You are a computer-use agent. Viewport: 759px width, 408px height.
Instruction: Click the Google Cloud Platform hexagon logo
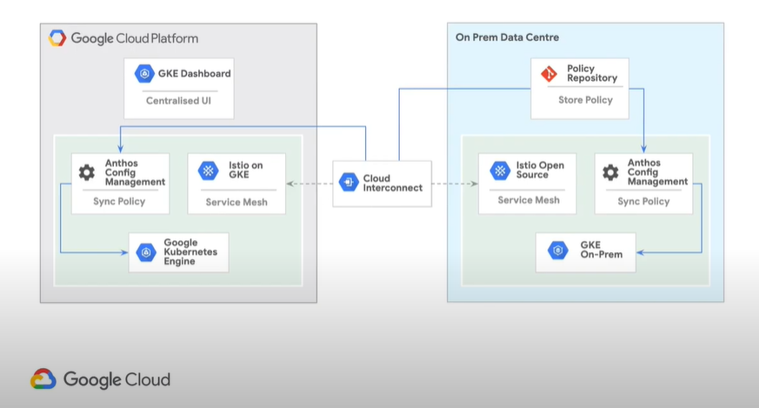(57, 37)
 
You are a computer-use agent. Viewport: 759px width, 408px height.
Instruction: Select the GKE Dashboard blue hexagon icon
(144, 74)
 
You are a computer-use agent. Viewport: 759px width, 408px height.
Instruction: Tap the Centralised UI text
(178, 101)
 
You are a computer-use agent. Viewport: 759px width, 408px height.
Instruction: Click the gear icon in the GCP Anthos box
(87, 172)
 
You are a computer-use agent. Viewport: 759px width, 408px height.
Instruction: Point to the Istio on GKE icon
(208, 171)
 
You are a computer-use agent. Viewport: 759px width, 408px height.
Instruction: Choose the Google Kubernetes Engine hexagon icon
(146, 252)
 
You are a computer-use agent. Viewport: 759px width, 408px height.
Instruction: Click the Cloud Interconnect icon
(349, 182)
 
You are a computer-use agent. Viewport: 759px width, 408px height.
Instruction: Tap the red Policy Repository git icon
(549, 74)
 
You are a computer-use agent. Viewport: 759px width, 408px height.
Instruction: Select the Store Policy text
(585, 100)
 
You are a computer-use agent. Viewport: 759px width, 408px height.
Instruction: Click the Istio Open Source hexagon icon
(500, 171)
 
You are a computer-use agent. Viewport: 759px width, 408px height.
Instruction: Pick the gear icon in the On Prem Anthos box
(610, 172)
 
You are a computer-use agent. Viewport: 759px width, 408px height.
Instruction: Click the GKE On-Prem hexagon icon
(557, 250)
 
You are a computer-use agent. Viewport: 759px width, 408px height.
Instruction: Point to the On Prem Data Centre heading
(507, 37)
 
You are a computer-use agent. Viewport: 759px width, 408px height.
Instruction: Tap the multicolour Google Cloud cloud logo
(43, 379)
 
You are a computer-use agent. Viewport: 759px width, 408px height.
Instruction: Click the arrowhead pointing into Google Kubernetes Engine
(124, 252)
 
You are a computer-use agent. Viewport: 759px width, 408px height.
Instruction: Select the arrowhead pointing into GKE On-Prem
(640, 252)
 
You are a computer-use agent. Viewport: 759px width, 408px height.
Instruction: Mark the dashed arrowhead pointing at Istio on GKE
(290, 184)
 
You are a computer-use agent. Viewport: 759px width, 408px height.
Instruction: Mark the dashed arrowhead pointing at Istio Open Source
(475, 184)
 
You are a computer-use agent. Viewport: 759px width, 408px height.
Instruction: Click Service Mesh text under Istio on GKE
(236, 202)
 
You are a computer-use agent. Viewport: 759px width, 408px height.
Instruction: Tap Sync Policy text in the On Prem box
(643, 202)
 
